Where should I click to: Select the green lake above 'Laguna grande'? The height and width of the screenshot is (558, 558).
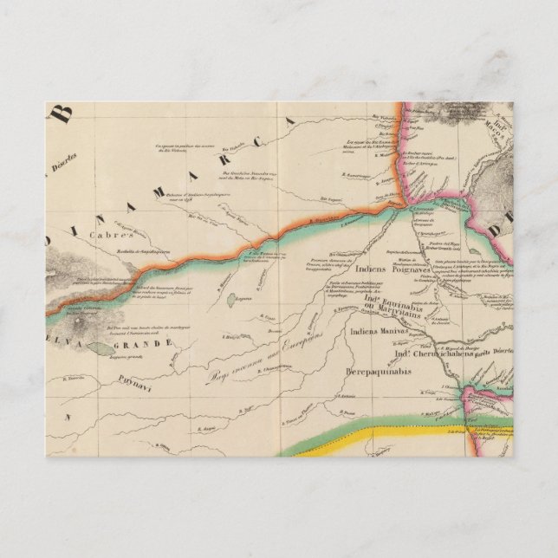(105, 347)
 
